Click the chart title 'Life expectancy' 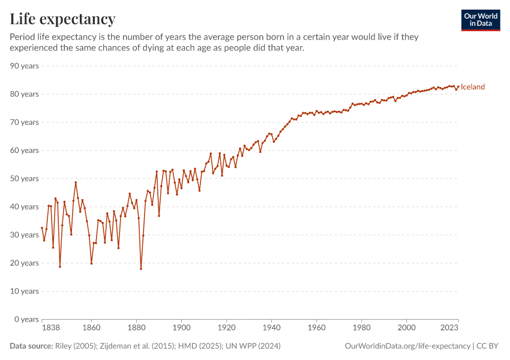pos(62,19)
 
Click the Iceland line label pos(473,87)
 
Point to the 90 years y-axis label pos(25,65)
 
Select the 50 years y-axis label pos(25,178)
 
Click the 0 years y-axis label pos(26,319)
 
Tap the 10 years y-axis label pos(25,291)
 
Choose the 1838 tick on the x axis pos(42,328)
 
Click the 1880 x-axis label pos(136,328)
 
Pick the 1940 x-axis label pos(271,328)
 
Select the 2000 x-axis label pos(406,328)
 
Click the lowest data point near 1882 pos(141,268)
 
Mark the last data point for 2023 pos(458,86)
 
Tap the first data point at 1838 pos(42,227)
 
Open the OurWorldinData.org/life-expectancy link pos(408,346)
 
